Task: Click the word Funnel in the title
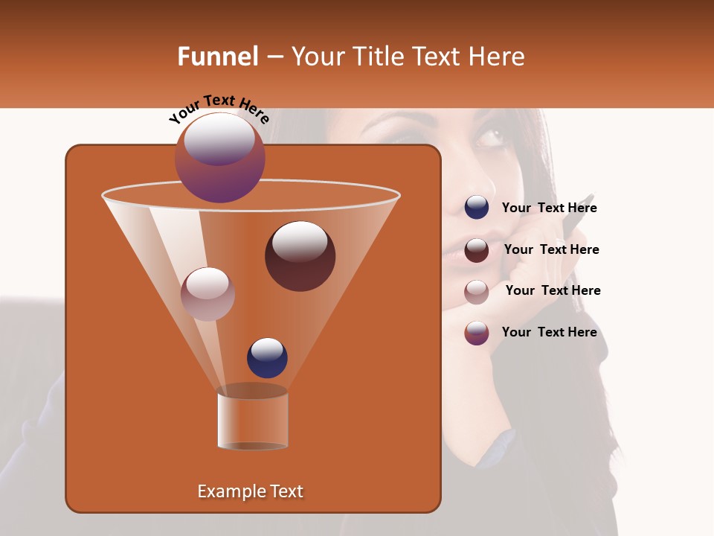(217, 57)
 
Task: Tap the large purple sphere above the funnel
(219, 157)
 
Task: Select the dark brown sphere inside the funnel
(300, 256)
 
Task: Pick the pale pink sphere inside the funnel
(208, 294)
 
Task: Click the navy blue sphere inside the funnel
(267, 358)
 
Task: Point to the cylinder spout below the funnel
(253, 419)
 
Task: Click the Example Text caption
(250, 491)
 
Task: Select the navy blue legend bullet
(477, 208)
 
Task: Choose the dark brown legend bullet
(477, 250)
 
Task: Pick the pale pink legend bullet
(477, 292)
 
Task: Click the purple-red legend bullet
(477, 333)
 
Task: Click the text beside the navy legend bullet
(549, 208)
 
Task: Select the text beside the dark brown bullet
(551, 249)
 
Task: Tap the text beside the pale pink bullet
(553, 290)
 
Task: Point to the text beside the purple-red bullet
(549, 332)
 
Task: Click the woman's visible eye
(489, 138)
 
